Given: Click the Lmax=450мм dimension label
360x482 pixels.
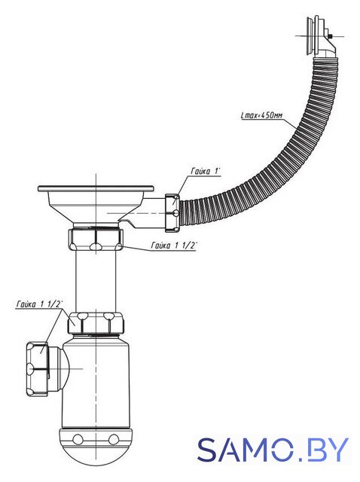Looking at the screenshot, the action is coord(261,115).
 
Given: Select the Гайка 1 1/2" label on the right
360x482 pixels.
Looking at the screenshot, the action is coord(174,245).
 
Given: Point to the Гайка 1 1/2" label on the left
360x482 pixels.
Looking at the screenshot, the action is coord(39,304).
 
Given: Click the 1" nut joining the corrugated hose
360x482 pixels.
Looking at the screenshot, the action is coord(172,212).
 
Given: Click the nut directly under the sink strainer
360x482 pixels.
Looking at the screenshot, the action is coord(96,239).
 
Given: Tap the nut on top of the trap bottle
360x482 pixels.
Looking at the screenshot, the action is coord(96,323).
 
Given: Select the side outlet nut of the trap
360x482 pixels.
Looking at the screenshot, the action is coord(38,368).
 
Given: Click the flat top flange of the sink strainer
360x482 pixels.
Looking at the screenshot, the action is coord(96,188).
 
